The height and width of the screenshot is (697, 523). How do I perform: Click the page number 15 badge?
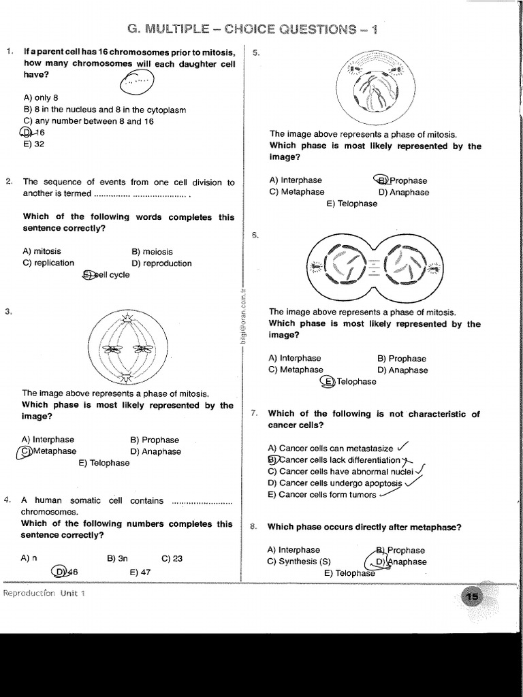[x=471, y=597]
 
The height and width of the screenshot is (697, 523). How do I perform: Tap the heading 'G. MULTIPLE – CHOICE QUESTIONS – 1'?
[x=253, y=29]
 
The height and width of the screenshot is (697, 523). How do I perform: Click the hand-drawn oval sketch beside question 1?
[x=137, y=83]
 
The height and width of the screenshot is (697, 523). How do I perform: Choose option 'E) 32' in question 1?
[x=33, y=144]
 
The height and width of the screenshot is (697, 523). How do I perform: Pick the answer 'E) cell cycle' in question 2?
[x=106, y=275]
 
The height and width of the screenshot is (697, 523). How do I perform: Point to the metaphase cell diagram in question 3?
[x=127, y=348]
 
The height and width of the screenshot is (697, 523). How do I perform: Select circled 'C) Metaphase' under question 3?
[x=49, y=451]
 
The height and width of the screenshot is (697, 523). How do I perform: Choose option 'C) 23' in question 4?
[x=172, y=558]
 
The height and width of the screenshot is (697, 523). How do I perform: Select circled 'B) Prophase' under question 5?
[x=401, y=180]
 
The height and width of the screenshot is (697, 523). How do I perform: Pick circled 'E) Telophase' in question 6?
[x=349, y=382]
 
